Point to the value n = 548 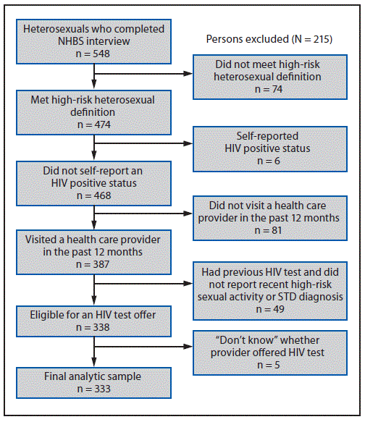click(93, 54)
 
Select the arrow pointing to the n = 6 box click(145, 142)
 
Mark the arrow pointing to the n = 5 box click(145, 344)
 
